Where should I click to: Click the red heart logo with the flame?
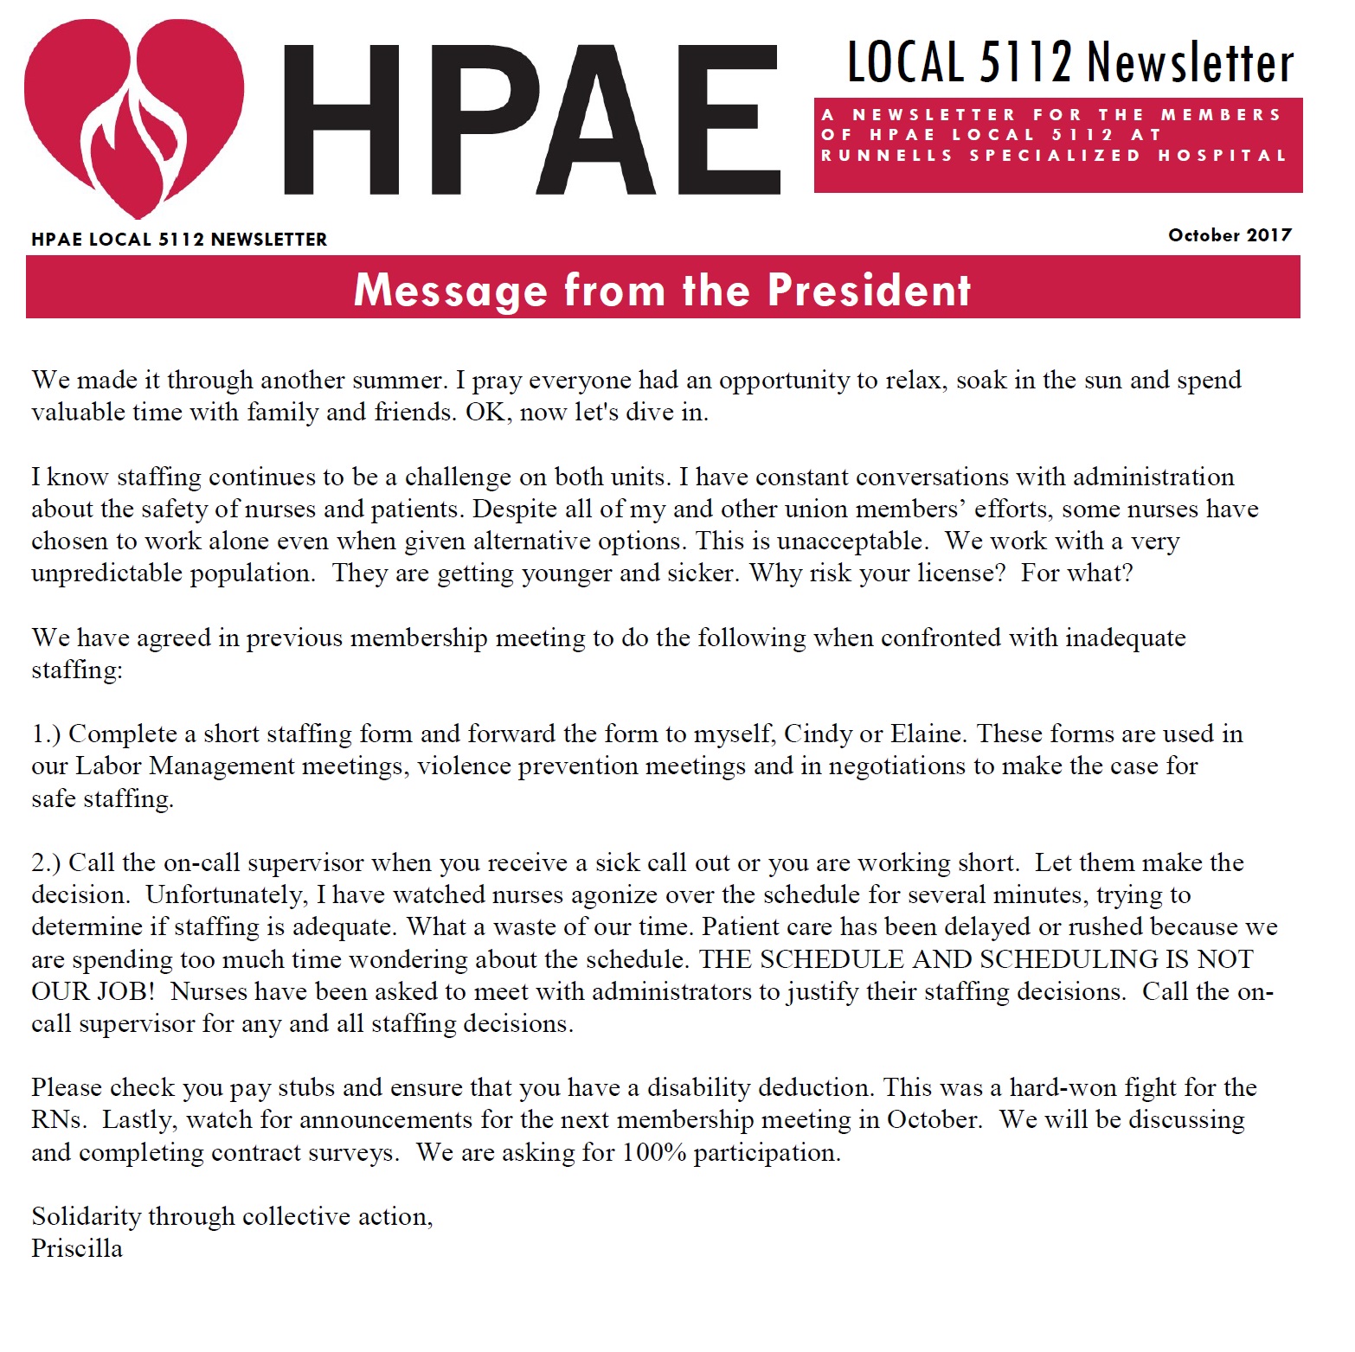coord(133,117)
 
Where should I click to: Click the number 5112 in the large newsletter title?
coord(1025,62)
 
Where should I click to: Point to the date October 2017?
coord(1230,235)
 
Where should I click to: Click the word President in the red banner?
coord(869,290)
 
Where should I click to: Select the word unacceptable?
coord(851,541)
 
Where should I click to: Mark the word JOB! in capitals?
coord(125,991)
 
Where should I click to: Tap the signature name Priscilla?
coord(77,1249)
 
